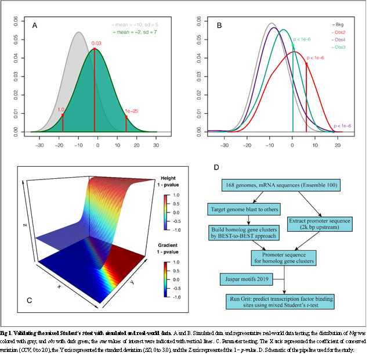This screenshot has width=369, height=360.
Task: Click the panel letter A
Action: tap(35, 26)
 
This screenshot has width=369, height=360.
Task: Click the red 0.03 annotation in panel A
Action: tap(96, 43)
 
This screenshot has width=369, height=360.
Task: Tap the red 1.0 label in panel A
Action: tap(61, 109)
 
